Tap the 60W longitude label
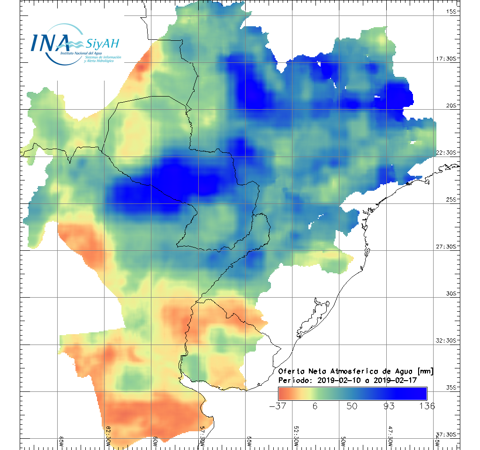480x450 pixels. click(x=155, y=441)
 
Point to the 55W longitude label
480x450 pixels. click(x=249, y=441)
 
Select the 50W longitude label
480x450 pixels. click(x=343, y=441)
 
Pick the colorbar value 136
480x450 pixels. click(x=426, y=406)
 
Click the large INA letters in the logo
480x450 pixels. click(x=49, y=43)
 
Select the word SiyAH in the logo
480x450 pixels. click(x=103, y=44)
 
